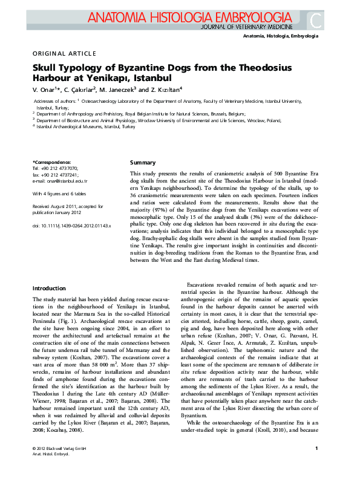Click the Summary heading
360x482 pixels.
(x=143, y=163)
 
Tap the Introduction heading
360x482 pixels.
(x=49, y=288)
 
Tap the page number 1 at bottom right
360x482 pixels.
(x=316, y=464)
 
